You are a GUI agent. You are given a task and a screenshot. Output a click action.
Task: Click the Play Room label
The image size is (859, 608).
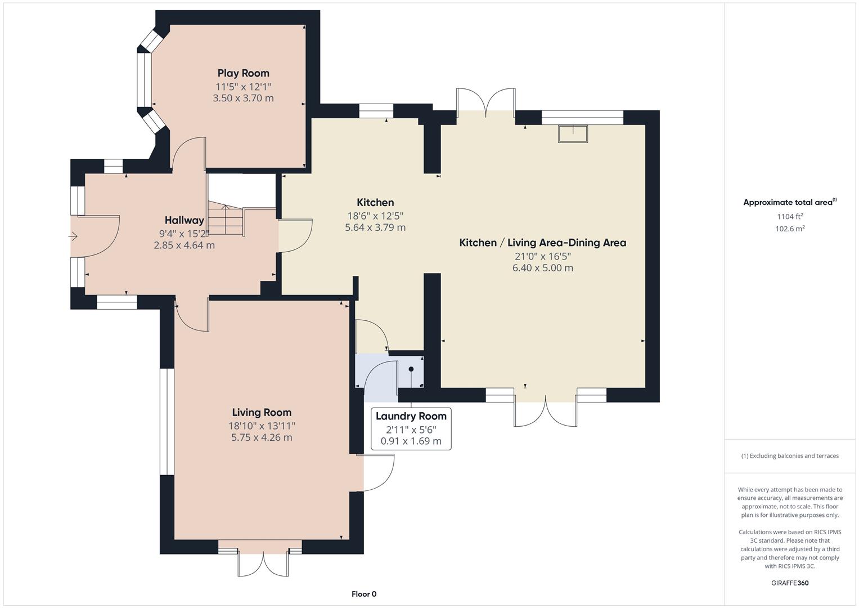point(243,73)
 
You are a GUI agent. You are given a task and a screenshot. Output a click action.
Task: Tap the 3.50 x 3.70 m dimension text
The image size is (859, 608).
point(243,98)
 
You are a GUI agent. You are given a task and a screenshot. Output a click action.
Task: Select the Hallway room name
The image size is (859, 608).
point(184,220)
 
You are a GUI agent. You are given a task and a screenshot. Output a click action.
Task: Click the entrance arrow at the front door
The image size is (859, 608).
point(73,236)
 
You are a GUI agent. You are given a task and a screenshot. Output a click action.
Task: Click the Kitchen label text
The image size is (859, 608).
point(375,203)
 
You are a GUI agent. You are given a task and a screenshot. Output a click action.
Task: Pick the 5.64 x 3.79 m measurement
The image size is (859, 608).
point(375,227)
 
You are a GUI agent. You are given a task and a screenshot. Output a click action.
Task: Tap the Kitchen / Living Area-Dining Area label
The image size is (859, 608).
point(542,243)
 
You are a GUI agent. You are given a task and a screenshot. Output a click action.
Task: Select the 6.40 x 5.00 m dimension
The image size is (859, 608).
point(542,268)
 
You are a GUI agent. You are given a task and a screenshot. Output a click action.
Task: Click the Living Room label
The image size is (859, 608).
point(262,413)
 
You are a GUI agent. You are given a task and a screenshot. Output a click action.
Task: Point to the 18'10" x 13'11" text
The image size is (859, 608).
point(262,426)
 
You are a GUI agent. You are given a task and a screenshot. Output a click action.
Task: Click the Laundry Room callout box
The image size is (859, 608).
point(411,428)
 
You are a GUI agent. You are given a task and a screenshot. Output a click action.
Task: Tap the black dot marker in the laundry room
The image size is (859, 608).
point(411,369)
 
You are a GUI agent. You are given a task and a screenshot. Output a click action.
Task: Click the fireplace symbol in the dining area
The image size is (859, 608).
point(573,134)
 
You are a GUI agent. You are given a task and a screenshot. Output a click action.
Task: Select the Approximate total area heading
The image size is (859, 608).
point(789,202)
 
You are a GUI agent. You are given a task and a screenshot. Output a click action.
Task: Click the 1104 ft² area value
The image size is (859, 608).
point(790,216)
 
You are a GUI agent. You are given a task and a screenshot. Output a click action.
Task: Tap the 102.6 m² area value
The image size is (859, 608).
point(790,229)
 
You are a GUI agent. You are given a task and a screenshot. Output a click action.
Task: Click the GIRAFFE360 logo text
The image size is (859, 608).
point(790,583)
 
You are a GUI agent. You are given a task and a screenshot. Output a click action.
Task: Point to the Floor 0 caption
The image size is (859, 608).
point(364,594)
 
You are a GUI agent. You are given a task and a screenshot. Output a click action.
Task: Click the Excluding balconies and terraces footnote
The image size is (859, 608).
point(790,455)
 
